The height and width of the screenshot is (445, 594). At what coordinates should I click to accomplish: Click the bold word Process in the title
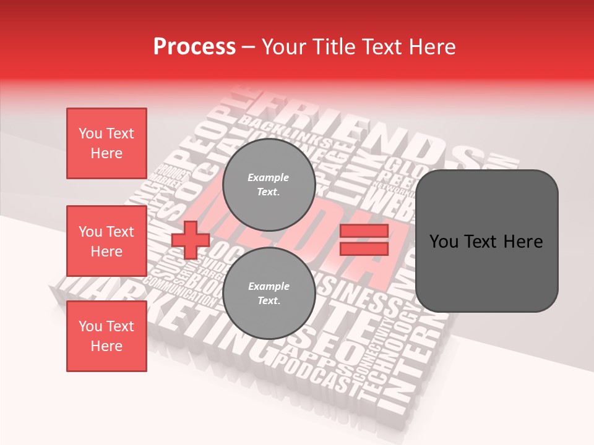pos(194,46)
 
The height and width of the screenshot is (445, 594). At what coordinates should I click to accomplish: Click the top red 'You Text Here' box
pos(106,143)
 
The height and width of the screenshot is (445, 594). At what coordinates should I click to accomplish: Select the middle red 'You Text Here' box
pos(106,241)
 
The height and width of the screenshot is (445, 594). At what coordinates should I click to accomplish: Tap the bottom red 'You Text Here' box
pos(106,336)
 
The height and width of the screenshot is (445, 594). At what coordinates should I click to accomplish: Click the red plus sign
pos(191,240)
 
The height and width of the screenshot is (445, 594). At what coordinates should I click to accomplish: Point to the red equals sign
pos(364,240)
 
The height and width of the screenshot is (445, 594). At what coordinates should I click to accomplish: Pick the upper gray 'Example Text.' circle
pos(269,184)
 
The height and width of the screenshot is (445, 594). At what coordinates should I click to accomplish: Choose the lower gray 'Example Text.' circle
pos(269,293)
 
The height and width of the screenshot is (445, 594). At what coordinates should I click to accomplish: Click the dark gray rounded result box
pos(486,241)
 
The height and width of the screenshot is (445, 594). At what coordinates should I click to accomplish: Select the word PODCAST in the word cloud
pos(316,376)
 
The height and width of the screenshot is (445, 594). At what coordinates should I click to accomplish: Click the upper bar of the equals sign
pos(364,231)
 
